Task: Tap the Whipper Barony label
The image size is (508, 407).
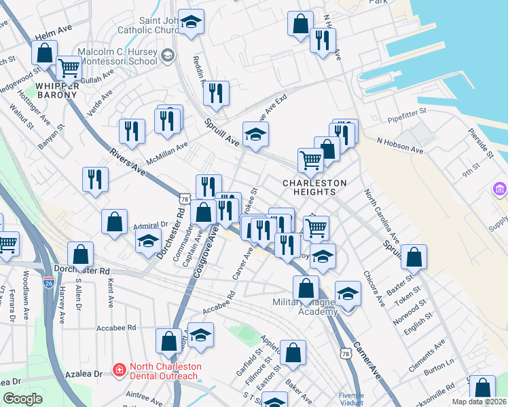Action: (57, 90)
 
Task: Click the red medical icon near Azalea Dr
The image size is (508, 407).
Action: (120, 370)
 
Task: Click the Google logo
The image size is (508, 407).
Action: (22, 398)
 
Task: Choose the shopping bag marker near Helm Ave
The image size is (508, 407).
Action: (44, 52)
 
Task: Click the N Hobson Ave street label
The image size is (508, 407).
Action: (399, 142)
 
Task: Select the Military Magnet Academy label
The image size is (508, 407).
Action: (306, 307)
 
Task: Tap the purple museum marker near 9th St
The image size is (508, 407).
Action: (500, 187)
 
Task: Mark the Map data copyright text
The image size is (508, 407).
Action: (478, 402)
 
